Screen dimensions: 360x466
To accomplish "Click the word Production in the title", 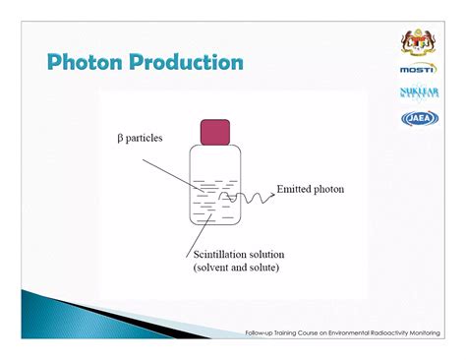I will [x=186, y=63].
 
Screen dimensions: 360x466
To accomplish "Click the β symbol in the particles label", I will [x=120, y=138].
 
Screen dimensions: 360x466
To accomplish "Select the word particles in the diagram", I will [x=148, y=138].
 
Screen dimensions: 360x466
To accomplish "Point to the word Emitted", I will [x=296, y=189].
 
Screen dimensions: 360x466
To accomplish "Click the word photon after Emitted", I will [x=330, y=189].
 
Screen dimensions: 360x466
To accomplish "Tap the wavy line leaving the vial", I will [x=251, y=200].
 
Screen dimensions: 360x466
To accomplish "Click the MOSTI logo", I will [x=418, y=70].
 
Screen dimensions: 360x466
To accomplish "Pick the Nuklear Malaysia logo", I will [x=418, y=93].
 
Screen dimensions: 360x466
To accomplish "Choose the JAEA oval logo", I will [x=418, y=118].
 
